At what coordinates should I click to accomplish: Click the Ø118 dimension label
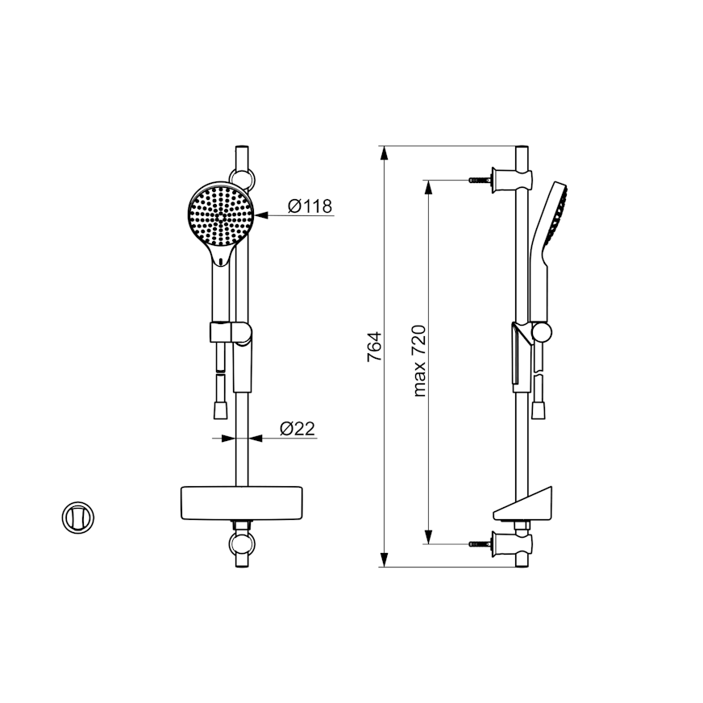click(310, 206)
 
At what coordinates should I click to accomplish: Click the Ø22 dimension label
click(297, 428)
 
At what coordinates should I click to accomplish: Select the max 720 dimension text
click(420, 361)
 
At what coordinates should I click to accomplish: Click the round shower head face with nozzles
click(221, 216)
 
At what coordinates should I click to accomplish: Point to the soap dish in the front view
click(241, 503)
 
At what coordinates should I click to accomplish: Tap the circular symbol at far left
click(78, 518)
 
